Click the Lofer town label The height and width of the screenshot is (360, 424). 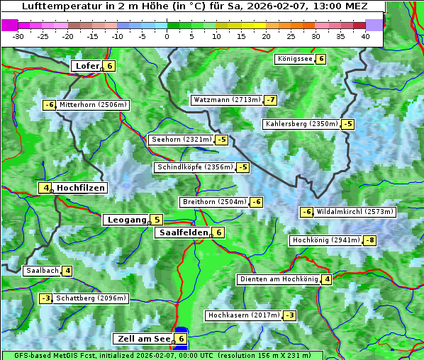point(87,66)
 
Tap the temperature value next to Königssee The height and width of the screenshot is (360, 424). point(320,59)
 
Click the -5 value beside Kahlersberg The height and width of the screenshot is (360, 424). point(347,124)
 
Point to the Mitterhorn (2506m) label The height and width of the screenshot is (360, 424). point(93,105)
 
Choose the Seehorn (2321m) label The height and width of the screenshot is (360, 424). point(182,140)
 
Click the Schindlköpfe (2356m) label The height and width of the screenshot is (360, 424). point(194,167)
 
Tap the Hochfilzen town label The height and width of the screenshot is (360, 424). point(81,188)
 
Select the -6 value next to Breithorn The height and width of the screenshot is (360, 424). point(256,202)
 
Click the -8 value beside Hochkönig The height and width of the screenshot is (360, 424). point(369,240)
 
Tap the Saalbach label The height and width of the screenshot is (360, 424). point(42,271)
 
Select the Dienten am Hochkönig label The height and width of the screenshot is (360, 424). point(278,279)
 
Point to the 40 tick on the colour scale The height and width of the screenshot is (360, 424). point(365,35)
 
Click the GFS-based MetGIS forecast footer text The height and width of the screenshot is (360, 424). point(161,355)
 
